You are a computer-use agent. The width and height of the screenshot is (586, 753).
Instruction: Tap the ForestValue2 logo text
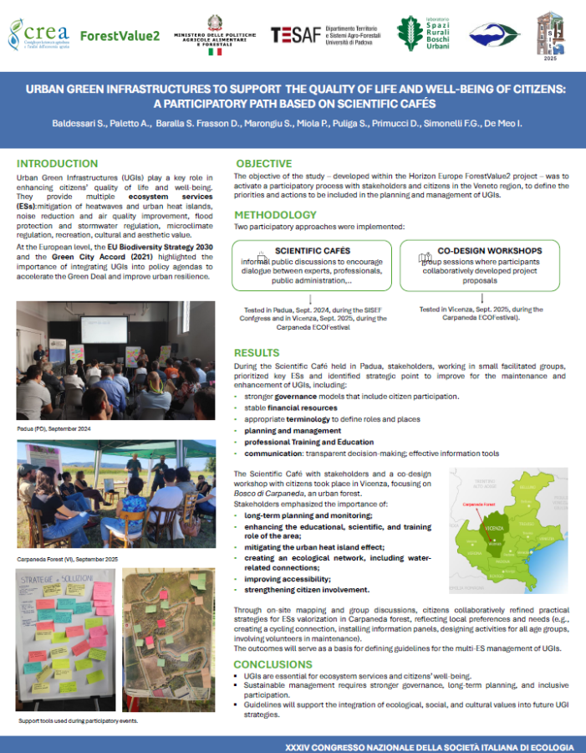pos(120,35)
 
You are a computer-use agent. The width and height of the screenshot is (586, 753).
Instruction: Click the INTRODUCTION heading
pos(57,163)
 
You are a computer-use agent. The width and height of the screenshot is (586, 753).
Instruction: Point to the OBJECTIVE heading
pos(264,162)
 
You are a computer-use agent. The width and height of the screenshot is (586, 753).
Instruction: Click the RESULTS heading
pos(257,353)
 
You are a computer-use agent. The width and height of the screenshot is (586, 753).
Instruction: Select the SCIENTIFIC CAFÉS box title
pos(312,250)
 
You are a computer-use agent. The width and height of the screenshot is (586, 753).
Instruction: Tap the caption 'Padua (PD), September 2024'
pos(54,428)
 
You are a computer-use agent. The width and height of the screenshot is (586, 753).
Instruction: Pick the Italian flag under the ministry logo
pos(215,52)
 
